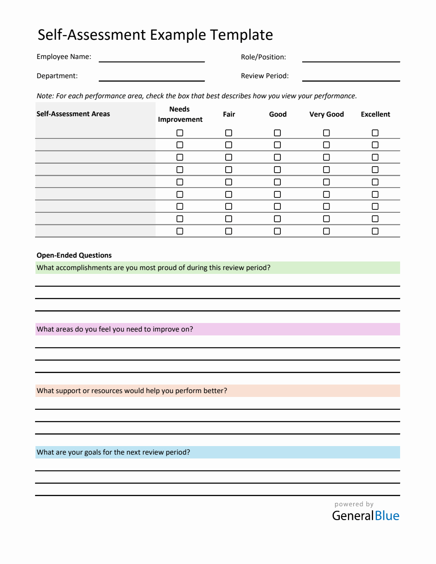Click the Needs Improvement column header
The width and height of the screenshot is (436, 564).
point(180,115)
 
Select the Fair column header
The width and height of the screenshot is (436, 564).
point(229,115)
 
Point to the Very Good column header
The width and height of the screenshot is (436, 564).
point(327,115)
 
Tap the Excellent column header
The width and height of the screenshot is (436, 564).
point(375,115)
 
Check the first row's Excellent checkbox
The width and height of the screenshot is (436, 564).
point(375,133)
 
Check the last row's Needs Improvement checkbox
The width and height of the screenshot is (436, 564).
point(180,231)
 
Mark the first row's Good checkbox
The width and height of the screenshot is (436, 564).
point(277,133)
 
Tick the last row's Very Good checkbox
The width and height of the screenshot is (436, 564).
point(327,231)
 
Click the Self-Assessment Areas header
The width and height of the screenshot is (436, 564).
point(73,114)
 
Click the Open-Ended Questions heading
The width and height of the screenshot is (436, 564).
point(74,256)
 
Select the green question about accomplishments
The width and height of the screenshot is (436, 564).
point(153,268)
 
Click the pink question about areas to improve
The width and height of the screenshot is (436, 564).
point(115,329)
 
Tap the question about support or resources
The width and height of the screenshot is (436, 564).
point(132,391)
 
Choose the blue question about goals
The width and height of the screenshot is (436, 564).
point(113,452)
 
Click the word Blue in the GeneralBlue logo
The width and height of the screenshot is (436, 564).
point(387,516)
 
